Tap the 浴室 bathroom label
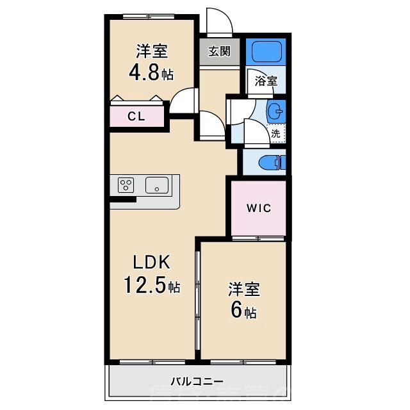[266, 81]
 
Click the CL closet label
[135, 117]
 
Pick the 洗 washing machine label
[275, 134]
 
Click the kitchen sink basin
[156, 186]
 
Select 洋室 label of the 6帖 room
[243, 289]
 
